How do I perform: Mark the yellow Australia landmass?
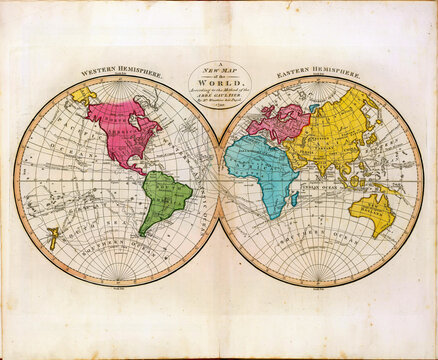click(x=372, y=210)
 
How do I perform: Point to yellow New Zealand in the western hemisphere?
click(x=52, y=237)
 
